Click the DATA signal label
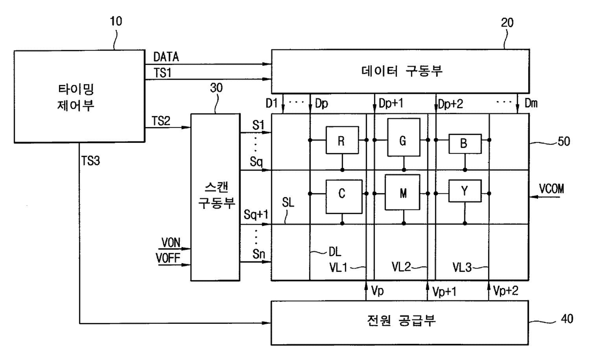coord(166,57)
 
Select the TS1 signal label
coord(162,73)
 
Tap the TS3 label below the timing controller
coord(90,161)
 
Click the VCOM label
coord(551,189)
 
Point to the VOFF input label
coord(168,258)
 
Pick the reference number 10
coord(116,21)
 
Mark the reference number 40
coord(567,319)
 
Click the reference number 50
coord(564,141)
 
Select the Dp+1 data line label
coord(391,103)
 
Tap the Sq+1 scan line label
coord(256,215)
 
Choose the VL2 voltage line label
coord(401,267)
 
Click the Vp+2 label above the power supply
coord(506,290)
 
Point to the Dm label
coord(531,103)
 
